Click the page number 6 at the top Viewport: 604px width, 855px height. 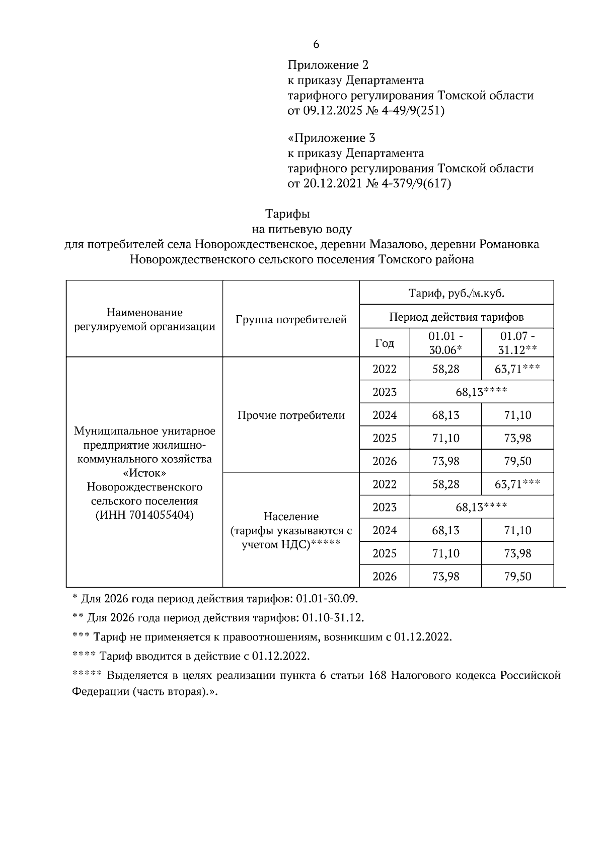(x=316, y=44)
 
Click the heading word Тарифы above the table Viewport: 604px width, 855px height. (x=287, y=214)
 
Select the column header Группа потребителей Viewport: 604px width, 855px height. (x=291, y=319)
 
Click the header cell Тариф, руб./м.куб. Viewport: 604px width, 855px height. (x=456, y=293)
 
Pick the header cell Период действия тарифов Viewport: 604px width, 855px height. (x=456, y=317)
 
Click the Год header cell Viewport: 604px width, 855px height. (x=385, y=343)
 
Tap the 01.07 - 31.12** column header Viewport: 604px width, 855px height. (x=517, y=343)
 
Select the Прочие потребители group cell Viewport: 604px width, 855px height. (x=291, y=415)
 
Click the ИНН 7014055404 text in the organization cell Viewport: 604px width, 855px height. (x=144, y=515)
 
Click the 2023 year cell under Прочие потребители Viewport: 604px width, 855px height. (x=385, y=392)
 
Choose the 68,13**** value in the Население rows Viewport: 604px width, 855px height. (x=481, y=507)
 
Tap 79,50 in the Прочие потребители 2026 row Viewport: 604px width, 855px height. (x=517, y=461)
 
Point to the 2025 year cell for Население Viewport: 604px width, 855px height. (x=385, y=553)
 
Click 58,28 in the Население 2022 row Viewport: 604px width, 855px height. (x=445, y=484)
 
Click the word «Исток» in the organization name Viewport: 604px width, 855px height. (x=144, y=473)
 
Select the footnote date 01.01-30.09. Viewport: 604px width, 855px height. (x=327, y=599)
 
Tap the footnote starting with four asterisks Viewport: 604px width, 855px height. (x=191, y=657)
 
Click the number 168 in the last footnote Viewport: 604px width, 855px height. (x=377, y=676)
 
